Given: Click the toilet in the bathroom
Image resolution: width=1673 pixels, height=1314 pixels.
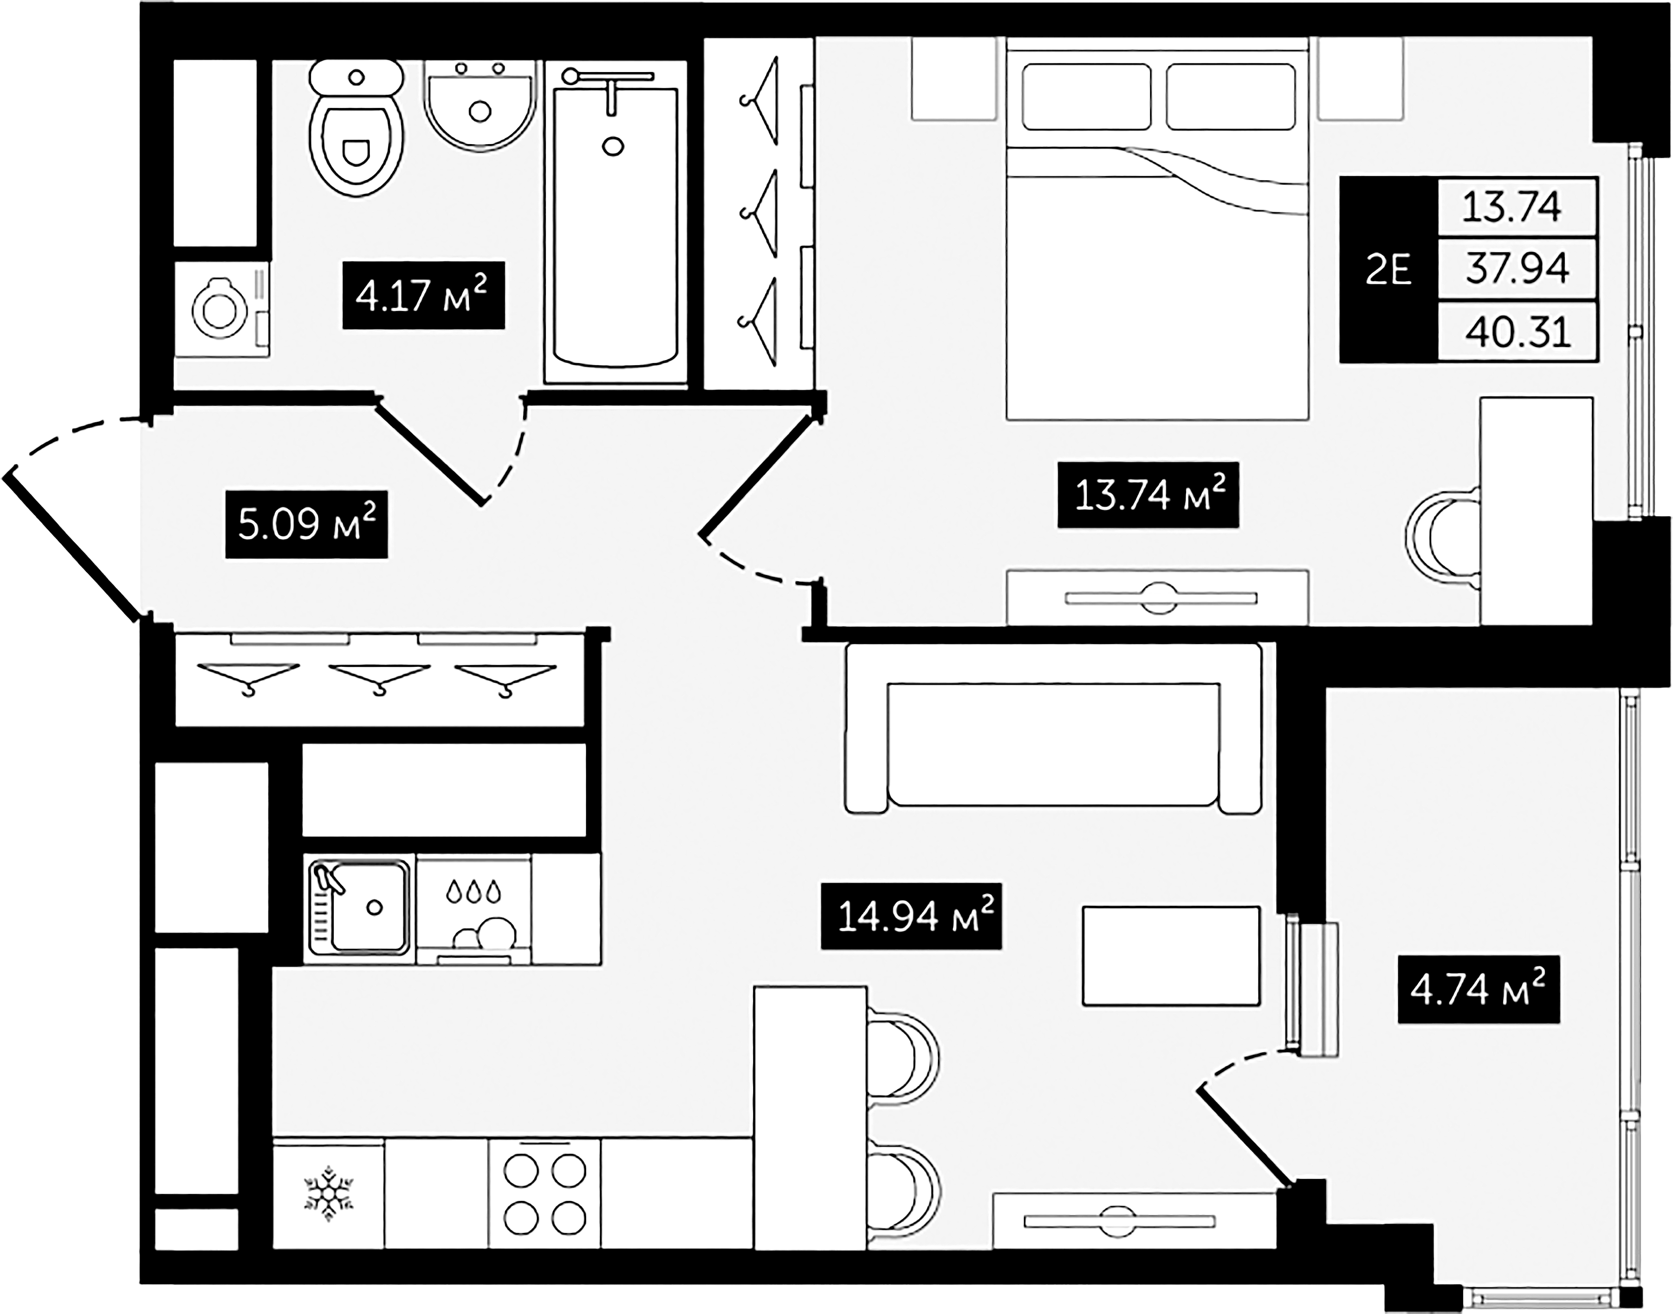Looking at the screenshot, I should pyautogui.click(x=356, y=135).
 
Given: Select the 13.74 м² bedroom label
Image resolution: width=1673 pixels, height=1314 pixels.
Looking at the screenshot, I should pyautogui.click(x=1148, y=495).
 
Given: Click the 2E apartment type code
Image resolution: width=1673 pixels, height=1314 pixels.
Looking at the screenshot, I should pyautogui.click(x=1388, y=270).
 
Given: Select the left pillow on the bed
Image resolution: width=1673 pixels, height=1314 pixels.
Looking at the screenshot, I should pyautogui.click(x=1086, y=96).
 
